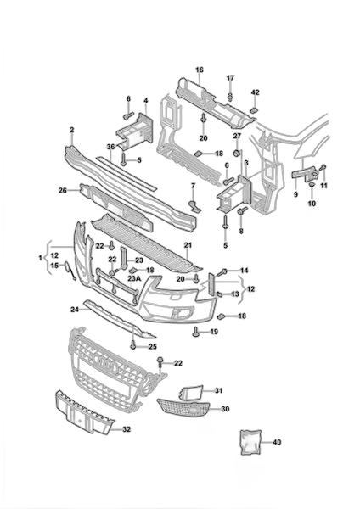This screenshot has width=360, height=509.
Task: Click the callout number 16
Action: pyautogui.click(x=200, y=70)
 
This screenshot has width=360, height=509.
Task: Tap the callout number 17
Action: pyautogui.click(x=230, y=78)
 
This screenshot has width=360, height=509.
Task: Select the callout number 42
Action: pyautogui.click(x=256, y=92)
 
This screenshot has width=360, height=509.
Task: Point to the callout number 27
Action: pyautogui.click(x=237, y=136)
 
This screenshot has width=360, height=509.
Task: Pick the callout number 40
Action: pyautogui.click(x=277, y=442)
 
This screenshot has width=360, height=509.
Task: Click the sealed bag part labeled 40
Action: pyautogui.click(x=250, y=442)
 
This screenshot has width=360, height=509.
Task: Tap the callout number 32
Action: pyautogui.click(x=127, y=429)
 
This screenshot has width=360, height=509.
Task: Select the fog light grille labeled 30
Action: pyautogui.click(x=183, y=407)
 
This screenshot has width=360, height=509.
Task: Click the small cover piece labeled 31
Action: pyautogui.click(x=191, y=392)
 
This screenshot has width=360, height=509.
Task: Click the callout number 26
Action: pyautogui.click(x=62, y=191)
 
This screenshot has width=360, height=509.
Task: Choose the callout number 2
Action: pyautogui.click(x=72, y=130)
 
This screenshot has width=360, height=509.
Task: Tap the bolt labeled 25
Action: pyautogui.click(x=133, y=346)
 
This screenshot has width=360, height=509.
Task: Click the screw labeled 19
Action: pyautogui.click(x=195, y=331)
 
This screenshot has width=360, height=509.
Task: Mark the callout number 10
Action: pyautogui.click(x=312, y=204)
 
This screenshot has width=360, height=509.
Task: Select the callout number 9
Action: pyautogui.click(x=295, y=195)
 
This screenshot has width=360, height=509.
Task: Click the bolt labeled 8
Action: pyautogui.click(x=242, y=211)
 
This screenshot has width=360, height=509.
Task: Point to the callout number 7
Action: pyautogui.click(x=193, y=186)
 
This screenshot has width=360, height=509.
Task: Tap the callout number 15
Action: pyautogui.click(x=54, y=266)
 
